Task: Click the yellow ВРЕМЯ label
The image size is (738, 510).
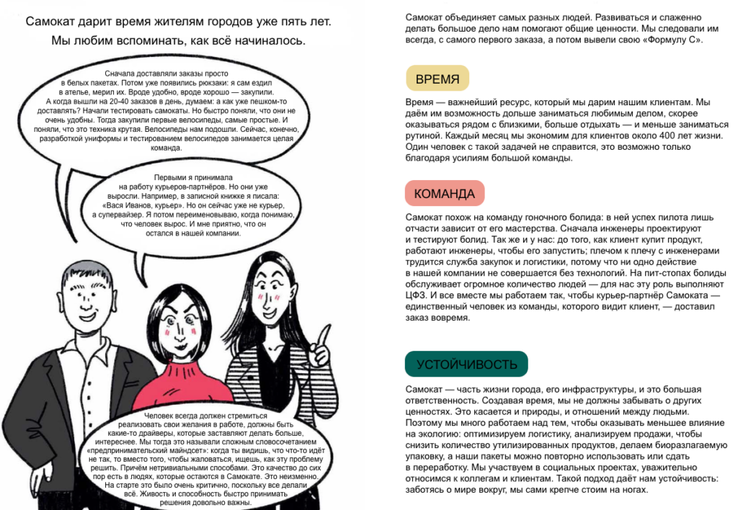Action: click(x=437, y=78)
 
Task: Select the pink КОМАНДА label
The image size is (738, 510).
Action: click(x=445, y=193)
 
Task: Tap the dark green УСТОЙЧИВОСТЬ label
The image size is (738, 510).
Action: click(x=466, y=364)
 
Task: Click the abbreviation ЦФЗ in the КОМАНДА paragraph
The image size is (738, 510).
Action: click(x=417, y=295)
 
